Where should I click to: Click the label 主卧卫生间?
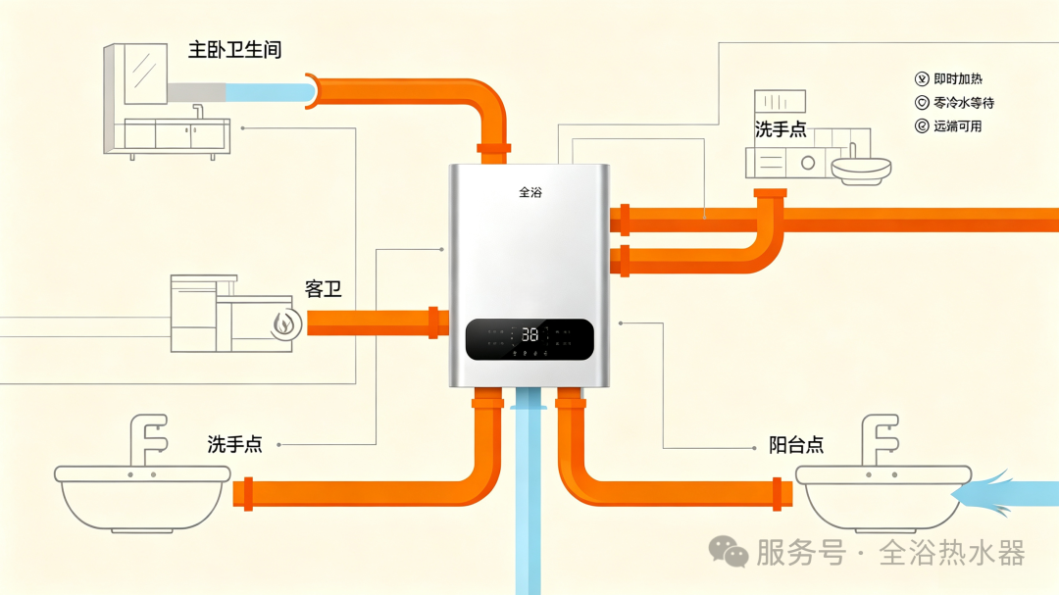[234, 50]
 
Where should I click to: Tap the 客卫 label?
[323, 289]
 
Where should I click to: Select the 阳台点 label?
[796, 444]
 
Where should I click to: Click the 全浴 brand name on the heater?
[530, 192]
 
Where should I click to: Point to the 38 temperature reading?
[530, 334]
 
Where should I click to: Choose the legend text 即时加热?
[958, 79]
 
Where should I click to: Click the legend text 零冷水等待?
[964, 103]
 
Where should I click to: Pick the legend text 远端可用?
[958, 126]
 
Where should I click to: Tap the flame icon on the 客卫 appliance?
[285, 324]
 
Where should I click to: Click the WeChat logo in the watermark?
[728, 551]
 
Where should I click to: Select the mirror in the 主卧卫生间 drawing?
[145, 74]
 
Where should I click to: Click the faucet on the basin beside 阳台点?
[880, 439]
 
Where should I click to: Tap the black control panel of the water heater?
[529, 339]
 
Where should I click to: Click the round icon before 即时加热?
[922, 79]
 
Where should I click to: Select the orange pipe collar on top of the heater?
[493, 148]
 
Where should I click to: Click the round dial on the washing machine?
[808, 163]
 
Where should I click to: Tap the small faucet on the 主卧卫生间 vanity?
[198, 111]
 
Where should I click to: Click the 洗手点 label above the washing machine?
[781, 129]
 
